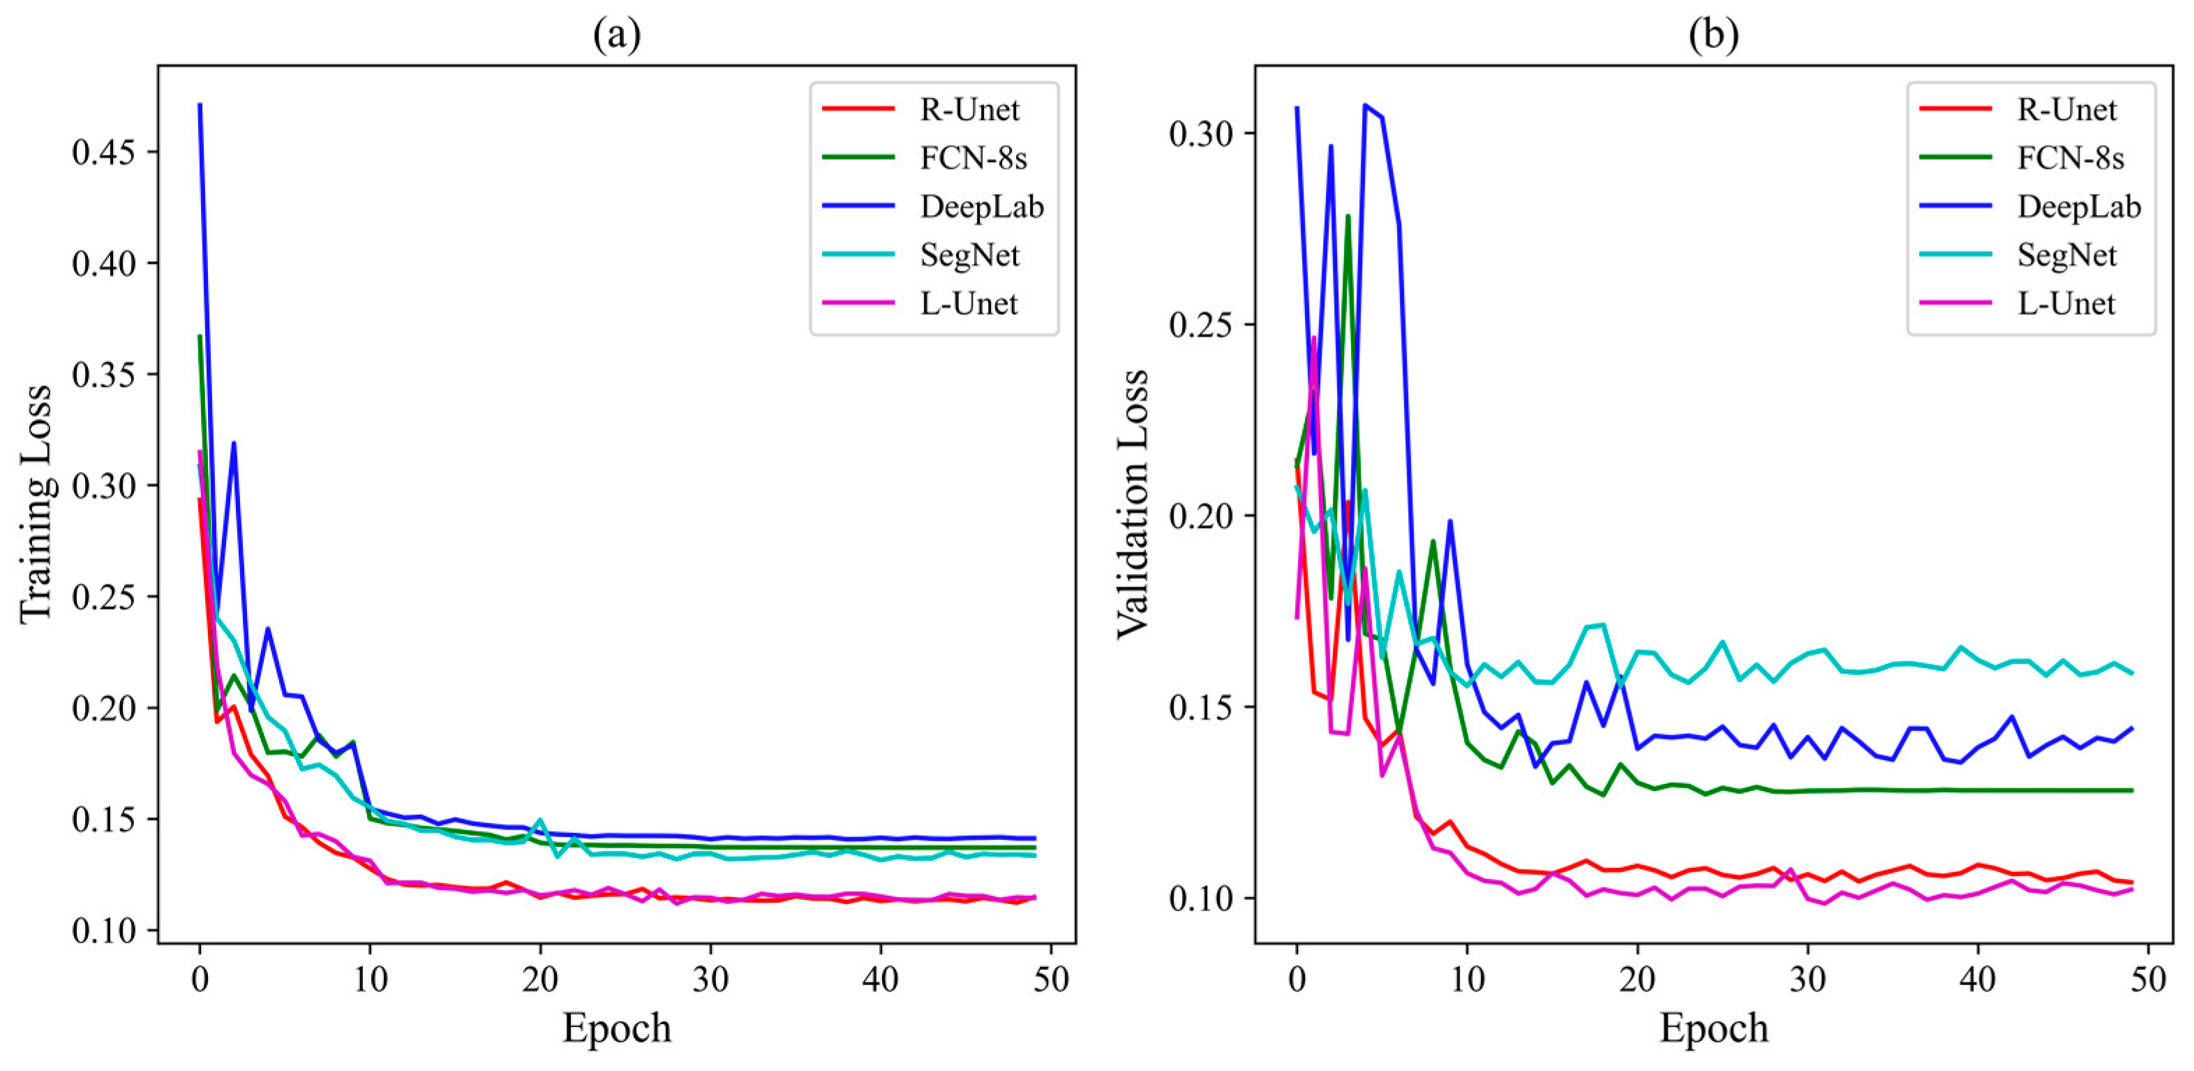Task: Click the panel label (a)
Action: tap(617, 35)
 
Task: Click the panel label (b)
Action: tap(1714, 35)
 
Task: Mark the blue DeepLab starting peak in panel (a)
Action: tap(200, 105)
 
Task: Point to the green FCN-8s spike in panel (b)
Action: tap(1348, 216)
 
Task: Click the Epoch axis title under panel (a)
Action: tap(617, 1028)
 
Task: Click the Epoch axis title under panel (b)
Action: tap(1714, 1028)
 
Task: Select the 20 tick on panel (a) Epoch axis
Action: tap(540, 980)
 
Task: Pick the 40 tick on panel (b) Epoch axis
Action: tap(1977, 980)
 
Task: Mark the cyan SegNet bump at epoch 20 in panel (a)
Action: tap(540, 820)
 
